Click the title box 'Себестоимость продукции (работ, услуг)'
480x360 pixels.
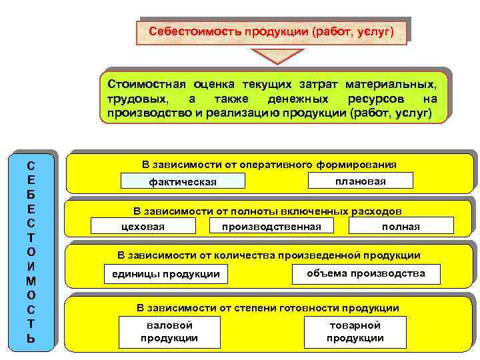tap(271, 31)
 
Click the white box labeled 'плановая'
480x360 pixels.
tap(361, 181)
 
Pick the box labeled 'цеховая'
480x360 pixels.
tap(143, 227)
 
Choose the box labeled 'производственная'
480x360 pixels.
tap(271, 227)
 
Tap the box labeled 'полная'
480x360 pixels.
tap(401, 227)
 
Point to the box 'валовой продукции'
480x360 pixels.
tap(169, 331)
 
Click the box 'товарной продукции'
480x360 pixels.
tap(355, 331)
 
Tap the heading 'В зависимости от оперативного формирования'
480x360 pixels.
tap(269, 165)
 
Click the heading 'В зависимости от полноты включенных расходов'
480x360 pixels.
tap(267, 211)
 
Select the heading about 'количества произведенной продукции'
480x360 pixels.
tap(269, 255)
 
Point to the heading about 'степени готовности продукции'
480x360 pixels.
tap(268, 308)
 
